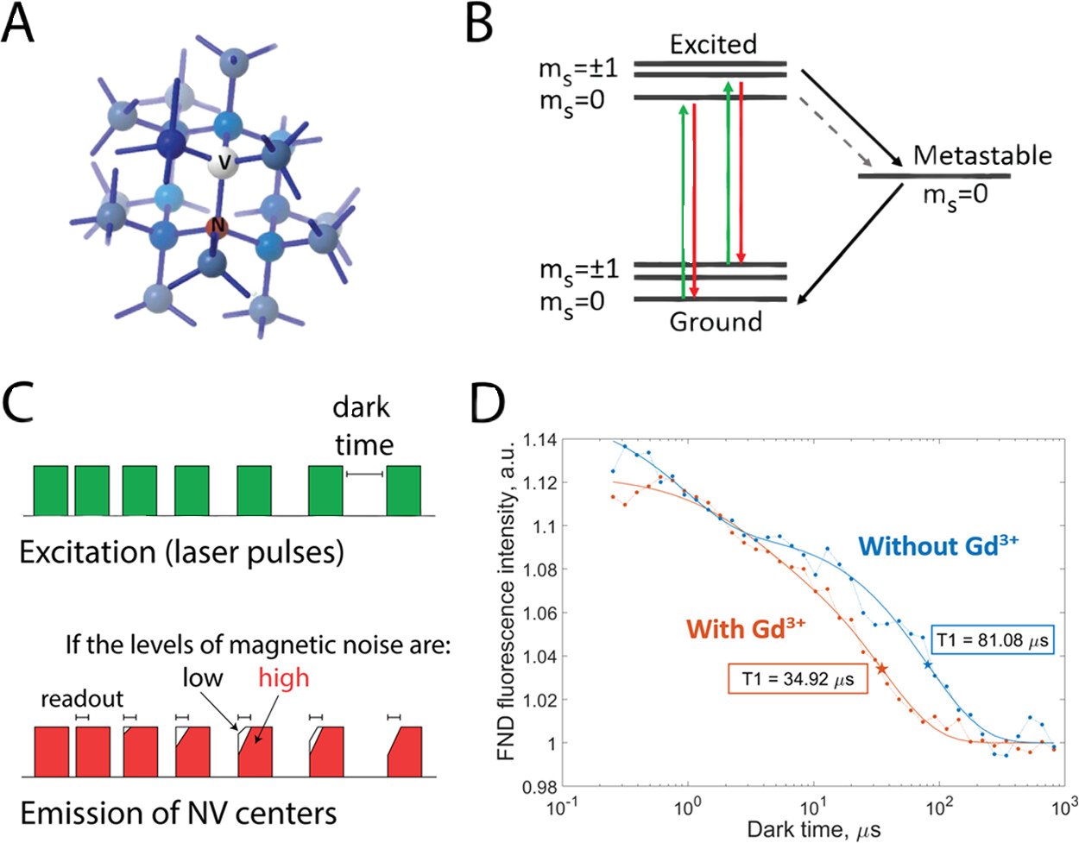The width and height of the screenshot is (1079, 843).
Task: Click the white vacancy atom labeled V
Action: (x=223, y=162)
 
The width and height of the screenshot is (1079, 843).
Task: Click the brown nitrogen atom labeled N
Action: (x=217, y=227)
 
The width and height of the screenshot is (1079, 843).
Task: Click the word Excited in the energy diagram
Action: (x=713, y=45)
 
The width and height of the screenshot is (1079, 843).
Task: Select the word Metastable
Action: (x=982, y=156)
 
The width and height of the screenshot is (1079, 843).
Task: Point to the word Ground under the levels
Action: (x=716, y=322)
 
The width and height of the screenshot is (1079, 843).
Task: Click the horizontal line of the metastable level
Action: (x=934, y=176)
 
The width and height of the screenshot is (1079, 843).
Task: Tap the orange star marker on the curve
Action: (x=882, y=669)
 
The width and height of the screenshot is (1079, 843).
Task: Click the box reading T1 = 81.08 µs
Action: (x=992, y=640)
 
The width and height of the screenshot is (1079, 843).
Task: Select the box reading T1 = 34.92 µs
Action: (x=798, y=678)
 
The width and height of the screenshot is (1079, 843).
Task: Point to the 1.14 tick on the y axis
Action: (x=539, y=439)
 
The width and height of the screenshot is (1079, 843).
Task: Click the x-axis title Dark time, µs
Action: (x=814, y=829)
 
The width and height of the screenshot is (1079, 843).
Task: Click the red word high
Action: (x=283, y=678)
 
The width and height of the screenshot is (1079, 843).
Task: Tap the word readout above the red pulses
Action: (x=82, y=699)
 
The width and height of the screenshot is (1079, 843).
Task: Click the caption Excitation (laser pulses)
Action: (x=182, y=553)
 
